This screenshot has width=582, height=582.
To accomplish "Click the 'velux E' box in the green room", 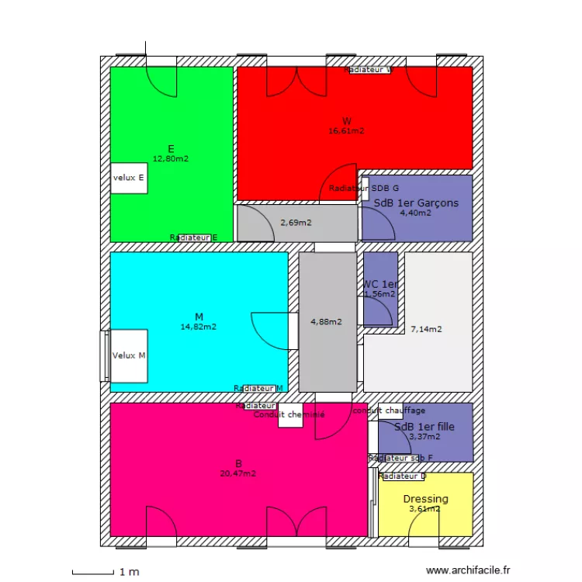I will point(129,178).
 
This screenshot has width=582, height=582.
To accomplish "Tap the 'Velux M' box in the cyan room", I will point(129,355).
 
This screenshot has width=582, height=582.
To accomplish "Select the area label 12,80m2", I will point(170,158).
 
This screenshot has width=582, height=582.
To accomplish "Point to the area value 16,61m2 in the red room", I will point(346,131).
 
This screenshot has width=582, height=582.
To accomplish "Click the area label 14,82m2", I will point(199,327).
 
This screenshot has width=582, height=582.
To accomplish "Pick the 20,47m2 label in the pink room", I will point(238,473).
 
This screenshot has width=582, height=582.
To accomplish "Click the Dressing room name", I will point(425,499).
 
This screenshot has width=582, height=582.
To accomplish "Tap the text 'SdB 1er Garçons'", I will point(416,203).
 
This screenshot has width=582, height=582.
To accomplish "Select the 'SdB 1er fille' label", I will point(424,427).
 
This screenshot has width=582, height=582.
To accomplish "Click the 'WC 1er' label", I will point(380,284).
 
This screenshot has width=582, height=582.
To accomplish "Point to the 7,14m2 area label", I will point(426,329).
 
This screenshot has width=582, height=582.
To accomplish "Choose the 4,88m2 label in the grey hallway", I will point(326,321).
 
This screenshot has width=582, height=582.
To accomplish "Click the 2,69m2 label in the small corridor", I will point(296,223).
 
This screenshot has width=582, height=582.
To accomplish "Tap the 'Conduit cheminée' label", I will point(289,414).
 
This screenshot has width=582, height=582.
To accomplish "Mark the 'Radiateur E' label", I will point(193,237).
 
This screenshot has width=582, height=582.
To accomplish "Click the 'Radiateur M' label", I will point(258,388).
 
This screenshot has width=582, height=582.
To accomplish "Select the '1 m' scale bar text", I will point(128,572).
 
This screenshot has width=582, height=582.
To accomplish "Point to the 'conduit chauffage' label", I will point(389,411).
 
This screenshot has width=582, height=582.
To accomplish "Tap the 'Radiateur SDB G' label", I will point(363,189).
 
